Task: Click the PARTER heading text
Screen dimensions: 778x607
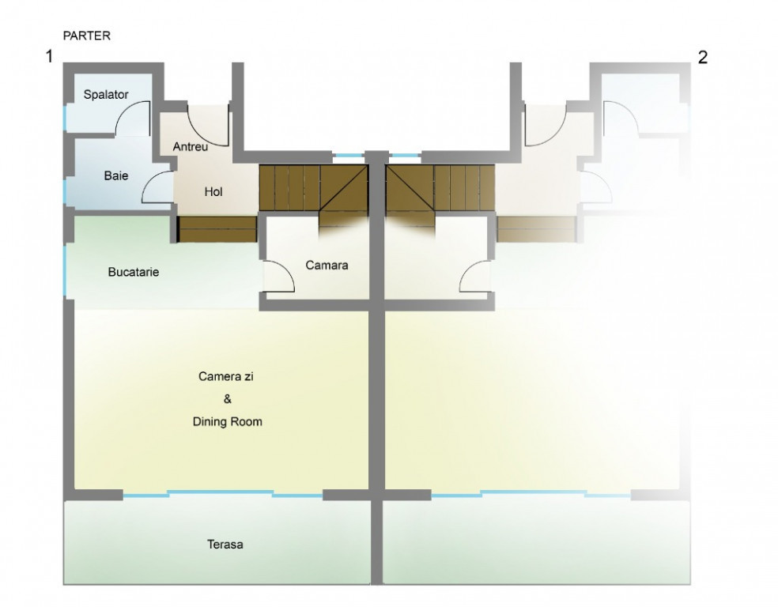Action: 87,36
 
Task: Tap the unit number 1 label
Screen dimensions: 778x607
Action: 49,57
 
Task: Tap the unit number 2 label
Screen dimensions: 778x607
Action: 703,58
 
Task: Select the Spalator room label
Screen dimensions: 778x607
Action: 106,94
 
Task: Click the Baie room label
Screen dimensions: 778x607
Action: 116,175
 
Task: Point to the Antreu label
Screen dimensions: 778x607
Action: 191,147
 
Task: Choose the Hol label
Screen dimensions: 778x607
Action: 213,192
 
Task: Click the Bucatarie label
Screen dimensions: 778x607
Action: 134,272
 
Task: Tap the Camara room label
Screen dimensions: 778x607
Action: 327,266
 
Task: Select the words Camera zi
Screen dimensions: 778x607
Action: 226,376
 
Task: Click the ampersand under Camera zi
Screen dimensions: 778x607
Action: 227,399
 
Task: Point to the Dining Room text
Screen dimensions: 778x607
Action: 227,422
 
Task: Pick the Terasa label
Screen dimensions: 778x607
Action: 225,545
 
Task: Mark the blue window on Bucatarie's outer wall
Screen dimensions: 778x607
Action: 65,271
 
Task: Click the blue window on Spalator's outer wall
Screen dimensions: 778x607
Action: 65,118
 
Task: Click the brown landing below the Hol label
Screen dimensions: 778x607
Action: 217,229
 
